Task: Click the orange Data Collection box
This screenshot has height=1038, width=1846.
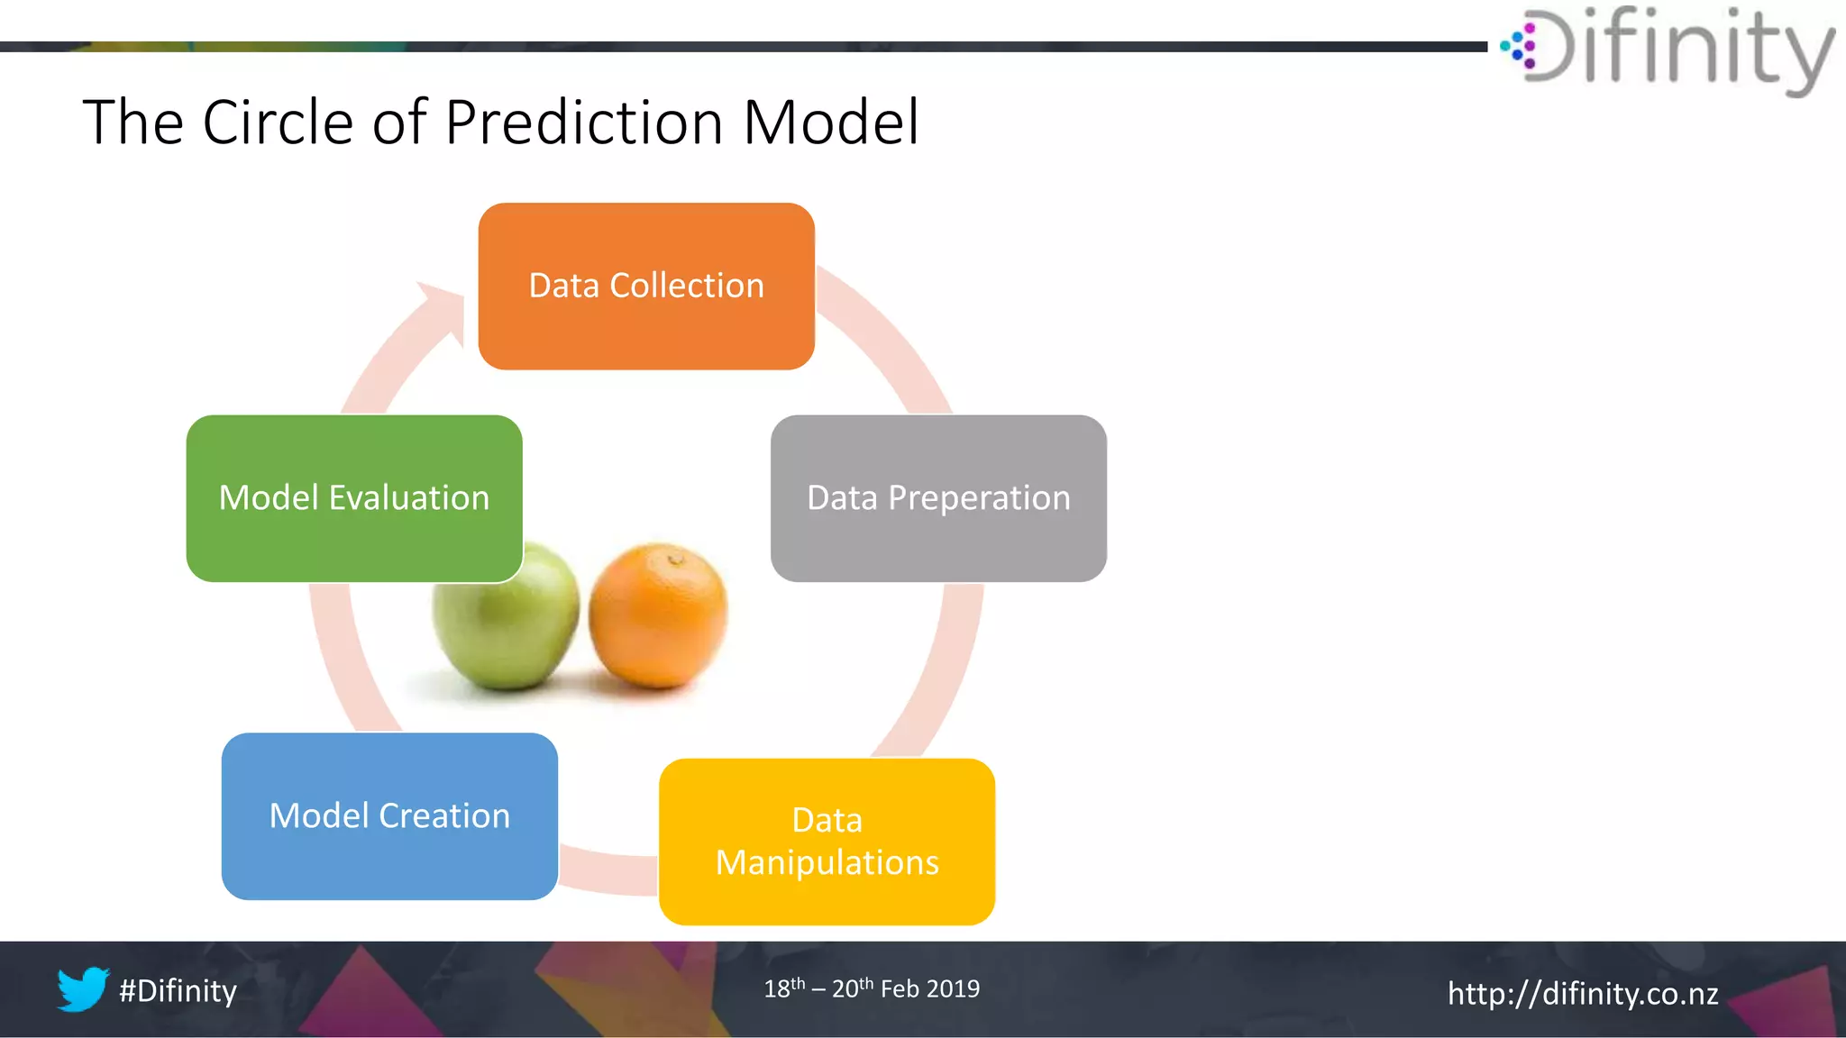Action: [x=646, y=286]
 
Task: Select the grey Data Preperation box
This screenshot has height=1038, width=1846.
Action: [x=938, y=498]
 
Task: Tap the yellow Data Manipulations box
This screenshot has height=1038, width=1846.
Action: [x=827, y=842]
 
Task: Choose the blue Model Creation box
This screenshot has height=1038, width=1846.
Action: [x=389, y=815]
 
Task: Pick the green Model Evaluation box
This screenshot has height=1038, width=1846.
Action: [x=353, y=498]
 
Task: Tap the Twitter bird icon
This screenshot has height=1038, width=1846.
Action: [x=83, y=989]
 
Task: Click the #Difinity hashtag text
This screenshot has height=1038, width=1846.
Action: [x=178, y=991]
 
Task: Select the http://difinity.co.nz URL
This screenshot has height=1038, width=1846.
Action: [x=1583, y=993]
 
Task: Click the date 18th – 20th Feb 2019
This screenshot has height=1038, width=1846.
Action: [x=872, y=988]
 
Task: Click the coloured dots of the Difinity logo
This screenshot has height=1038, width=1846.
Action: [x=1520, y=46]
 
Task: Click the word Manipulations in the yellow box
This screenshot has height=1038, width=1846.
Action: [x=827, y=863]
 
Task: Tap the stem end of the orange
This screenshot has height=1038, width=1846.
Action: [x=676, y=560]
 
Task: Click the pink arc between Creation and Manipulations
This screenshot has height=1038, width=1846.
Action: [x=608, y=869]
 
